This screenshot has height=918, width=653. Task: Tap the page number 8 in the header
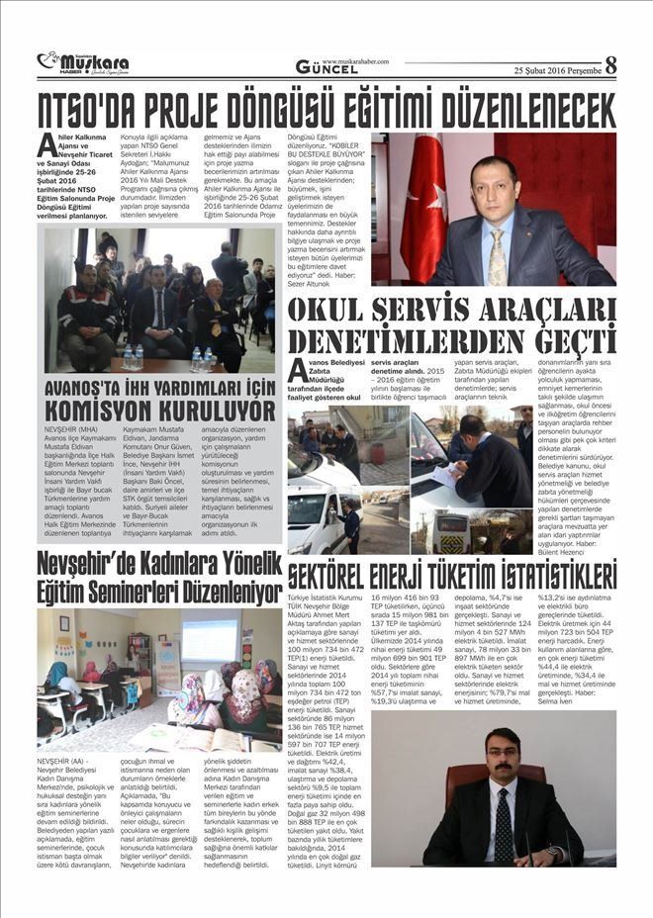point(610,65)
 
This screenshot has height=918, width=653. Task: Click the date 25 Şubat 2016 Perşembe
point(555,69)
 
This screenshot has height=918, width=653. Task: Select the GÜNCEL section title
point(329,67)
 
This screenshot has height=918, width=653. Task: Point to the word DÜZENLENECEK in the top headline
point(514,108)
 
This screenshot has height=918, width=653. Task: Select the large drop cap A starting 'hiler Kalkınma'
point(47,145)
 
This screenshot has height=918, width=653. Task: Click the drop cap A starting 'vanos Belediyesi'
point(296,371)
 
